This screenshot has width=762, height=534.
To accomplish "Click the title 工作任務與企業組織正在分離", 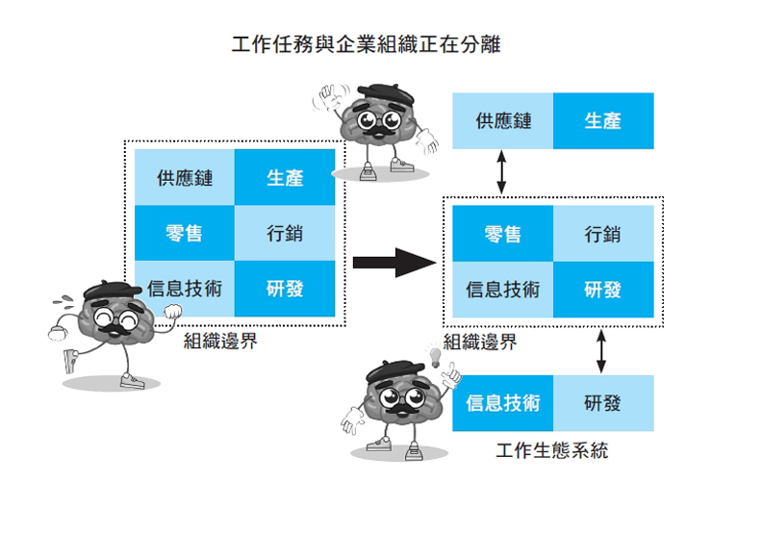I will [367, 45].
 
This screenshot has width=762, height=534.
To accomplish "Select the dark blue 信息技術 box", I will [503, 402].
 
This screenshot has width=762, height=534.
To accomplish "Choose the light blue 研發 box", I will [603, 402].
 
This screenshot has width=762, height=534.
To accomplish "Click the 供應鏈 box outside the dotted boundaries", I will [503, 121].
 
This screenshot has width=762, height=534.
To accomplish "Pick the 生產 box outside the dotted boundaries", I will [603, 121].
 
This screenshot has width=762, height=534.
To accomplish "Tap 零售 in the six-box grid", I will [185, 233].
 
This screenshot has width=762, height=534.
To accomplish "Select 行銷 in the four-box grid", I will [603, 234].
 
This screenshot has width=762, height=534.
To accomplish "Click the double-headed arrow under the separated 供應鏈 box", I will [500, 174].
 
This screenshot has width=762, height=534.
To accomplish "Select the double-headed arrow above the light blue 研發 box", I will [602, 352].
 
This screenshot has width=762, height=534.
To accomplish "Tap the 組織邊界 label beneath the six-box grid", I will [220, 341].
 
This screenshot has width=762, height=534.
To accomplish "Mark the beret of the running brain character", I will [107, 290].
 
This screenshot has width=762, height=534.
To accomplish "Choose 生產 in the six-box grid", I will [285, 178].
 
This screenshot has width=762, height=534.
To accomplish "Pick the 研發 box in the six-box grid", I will [285, 289].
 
